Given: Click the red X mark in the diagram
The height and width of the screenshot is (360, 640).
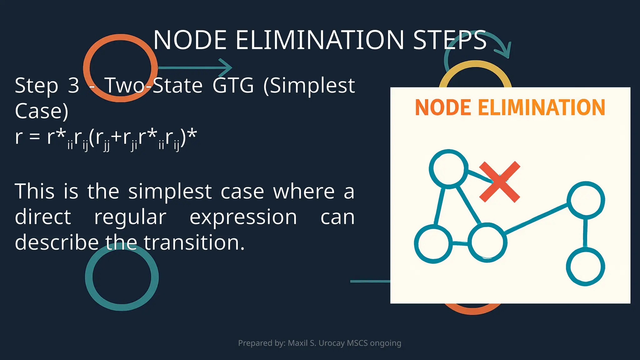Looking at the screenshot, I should [x=499, y=182].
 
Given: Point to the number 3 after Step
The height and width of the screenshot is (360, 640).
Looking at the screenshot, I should [x=73, y=85].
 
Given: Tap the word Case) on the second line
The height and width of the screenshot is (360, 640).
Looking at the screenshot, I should [x=42, y=111].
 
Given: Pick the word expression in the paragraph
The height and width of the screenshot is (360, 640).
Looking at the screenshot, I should [x=243, y=217].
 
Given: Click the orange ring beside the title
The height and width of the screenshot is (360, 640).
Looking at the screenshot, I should [x=120, y=68].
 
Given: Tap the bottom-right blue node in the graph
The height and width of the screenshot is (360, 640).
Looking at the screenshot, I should [x=585, y=267].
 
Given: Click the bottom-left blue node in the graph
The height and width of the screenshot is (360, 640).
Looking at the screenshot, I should [x=433, y=244].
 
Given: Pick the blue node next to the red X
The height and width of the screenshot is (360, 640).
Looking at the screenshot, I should [x=449, y=169].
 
